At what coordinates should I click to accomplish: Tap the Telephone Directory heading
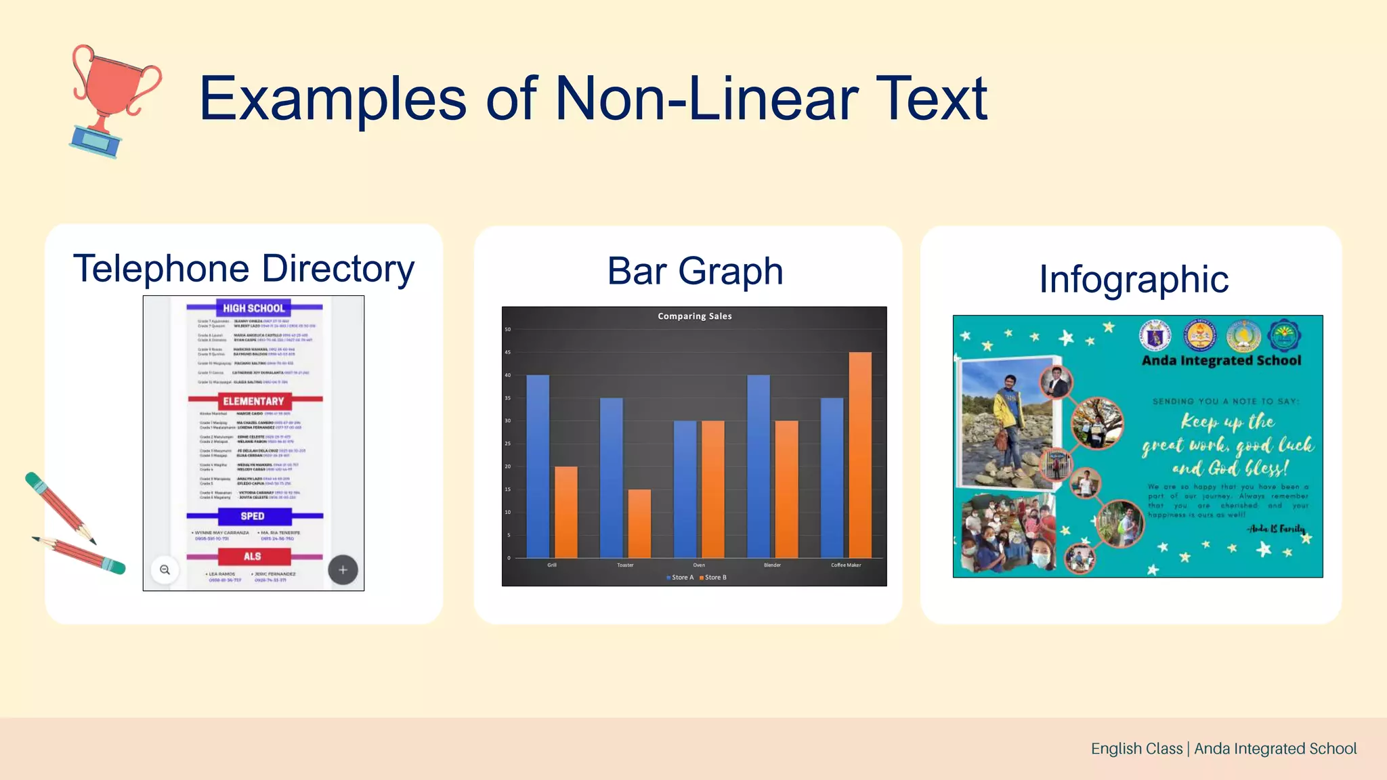pos(244,269)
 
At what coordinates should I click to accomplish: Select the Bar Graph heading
pos(695,271)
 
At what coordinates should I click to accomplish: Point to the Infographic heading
pos(1134,279)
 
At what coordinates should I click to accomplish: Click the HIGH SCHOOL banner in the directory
pos(254,308)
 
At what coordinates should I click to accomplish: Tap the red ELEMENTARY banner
pos(254,401)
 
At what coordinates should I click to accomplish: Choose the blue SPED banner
pos(253,516)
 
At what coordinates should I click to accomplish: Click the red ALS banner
pos(253,557)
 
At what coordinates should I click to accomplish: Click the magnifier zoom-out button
pos(165,570)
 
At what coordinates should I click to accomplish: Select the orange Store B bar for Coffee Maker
pos(860,454)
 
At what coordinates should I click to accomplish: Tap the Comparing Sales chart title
pos(695,316)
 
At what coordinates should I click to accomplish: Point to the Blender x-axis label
pos(772,565)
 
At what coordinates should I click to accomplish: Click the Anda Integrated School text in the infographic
pos(1221,361)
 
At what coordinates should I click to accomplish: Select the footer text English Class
pos(1136,748)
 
